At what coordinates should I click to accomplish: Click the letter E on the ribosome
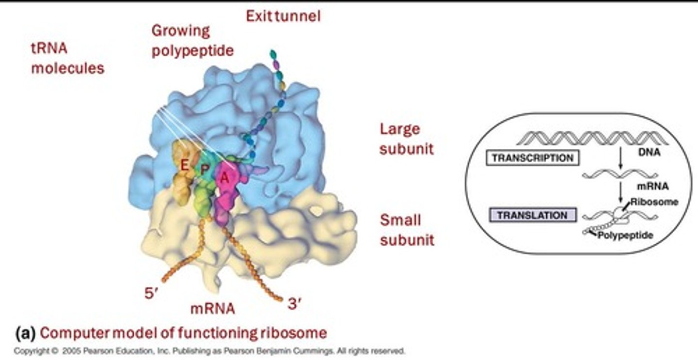184,166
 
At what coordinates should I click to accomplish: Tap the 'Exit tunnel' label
283,16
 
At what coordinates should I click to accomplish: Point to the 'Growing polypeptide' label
192,41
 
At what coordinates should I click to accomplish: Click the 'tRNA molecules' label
67,58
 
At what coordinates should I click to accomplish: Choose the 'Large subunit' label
406,139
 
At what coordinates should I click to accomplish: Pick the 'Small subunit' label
407,230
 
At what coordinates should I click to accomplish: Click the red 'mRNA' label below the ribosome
212,308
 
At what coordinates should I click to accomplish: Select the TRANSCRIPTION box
532,158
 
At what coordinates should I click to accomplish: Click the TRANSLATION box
532,215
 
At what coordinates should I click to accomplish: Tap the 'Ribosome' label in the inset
654,202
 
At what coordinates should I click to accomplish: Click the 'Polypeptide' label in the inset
625,235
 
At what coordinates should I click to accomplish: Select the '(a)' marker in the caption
25,333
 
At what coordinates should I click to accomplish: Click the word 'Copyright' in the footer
30,350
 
